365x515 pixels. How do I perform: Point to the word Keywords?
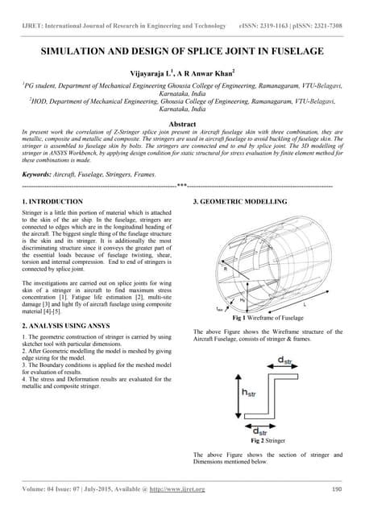[38, 174]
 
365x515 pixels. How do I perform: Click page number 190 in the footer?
[338, 488]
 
